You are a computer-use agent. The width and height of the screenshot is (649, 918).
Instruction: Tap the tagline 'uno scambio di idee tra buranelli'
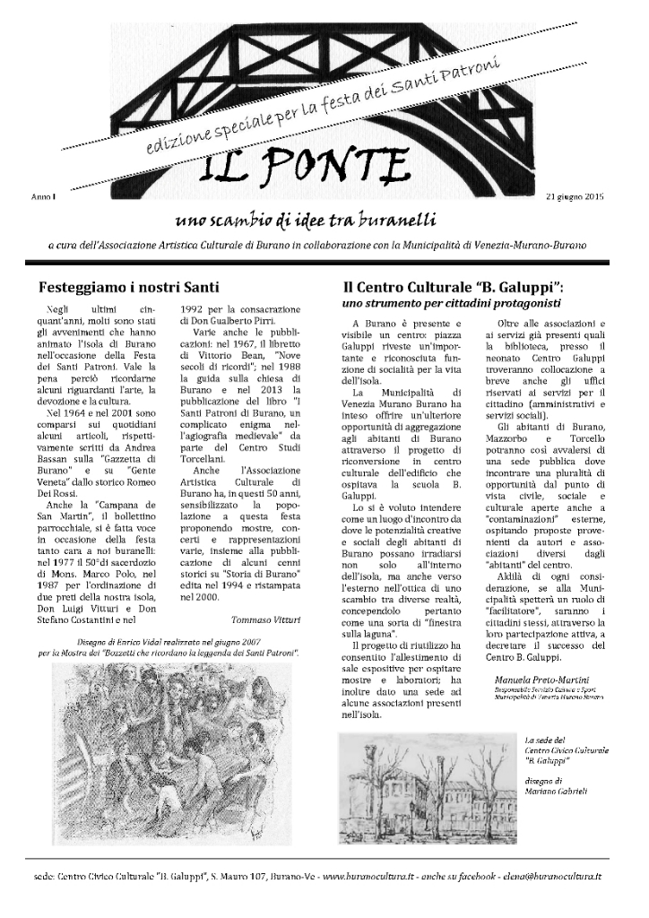tap(320, 220)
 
